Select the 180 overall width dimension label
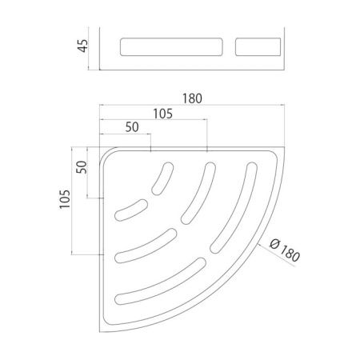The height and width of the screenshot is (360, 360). [x=192, y=99]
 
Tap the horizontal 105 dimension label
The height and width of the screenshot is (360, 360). [x=163, y=114]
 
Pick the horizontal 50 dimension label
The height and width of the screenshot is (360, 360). [x=131, y=128]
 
